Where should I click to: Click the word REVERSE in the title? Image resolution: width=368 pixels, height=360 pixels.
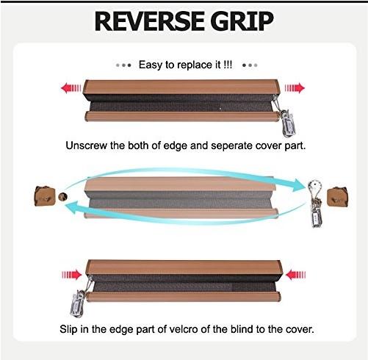[148, 21]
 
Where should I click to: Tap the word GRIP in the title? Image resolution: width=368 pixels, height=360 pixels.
[242, 21]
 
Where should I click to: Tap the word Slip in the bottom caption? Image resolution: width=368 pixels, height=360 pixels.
[68, 329]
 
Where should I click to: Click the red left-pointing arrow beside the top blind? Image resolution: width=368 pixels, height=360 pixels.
[71, 88]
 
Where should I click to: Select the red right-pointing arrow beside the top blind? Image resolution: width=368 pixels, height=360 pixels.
[295, 88]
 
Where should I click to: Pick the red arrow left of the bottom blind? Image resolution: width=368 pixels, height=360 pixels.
[72, 275]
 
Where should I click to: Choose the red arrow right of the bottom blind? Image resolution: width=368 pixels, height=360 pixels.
[295, 276]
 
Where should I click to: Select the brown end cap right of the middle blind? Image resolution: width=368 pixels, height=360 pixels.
[338, 197]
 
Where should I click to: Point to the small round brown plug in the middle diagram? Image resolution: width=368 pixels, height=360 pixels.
[63, 196]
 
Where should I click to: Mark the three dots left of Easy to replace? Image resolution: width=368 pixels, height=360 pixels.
[124, 65]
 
